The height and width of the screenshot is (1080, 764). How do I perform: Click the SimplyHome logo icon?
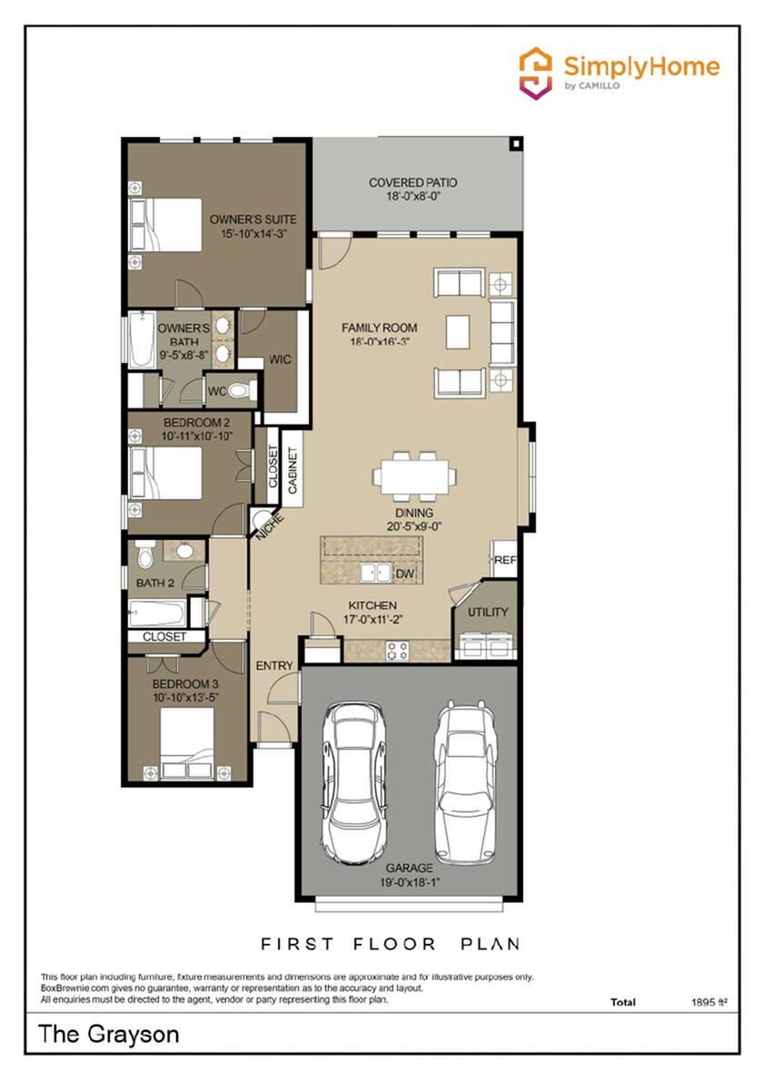537,73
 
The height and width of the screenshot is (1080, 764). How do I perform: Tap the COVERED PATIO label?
413,182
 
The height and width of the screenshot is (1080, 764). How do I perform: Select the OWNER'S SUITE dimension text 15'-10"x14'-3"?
253,233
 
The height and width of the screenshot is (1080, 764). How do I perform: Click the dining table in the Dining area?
414,476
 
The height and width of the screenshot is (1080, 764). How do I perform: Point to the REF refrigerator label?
505,560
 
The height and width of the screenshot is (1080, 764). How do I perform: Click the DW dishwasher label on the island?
405,573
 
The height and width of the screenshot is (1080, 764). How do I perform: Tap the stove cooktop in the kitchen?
398,650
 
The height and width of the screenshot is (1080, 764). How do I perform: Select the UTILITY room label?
488,612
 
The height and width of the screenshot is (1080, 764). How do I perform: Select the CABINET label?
293,471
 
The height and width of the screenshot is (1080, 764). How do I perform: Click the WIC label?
280,359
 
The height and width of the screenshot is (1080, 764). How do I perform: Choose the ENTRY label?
274,665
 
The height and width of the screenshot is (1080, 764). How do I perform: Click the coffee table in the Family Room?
458,332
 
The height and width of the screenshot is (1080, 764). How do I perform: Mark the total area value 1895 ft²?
709,1002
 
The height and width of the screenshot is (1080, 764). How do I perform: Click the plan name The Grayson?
109,1034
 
